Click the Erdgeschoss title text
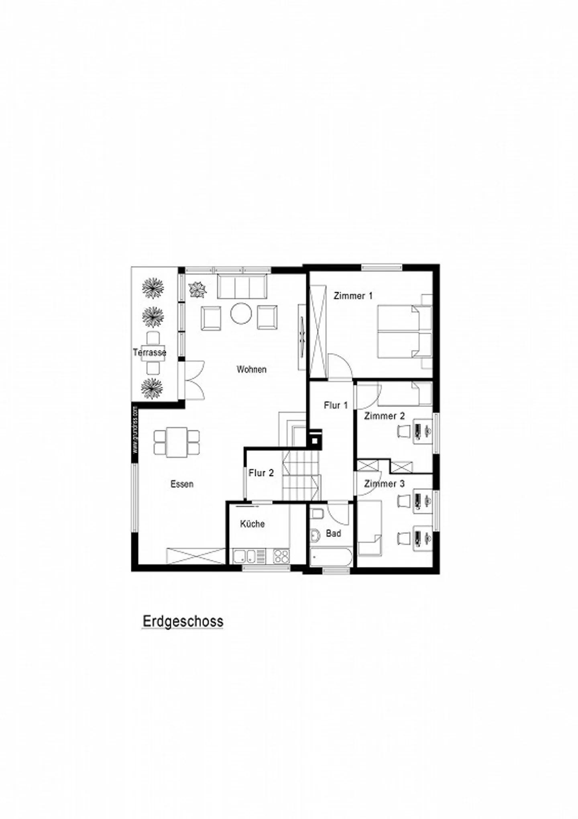(183, 621)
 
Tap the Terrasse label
(149, 352)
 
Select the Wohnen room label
(251, 369)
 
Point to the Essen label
(182, 484)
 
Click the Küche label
(252, 524)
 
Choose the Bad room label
(333, 533)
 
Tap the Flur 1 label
(336, 405)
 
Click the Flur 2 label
(261, 473)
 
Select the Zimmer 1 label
(353, 296)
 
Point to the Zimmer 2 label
(384, 416)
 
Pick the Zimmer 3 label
(384, 484)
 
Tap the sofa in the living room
(242, 286)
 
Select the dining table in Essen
(177, 442)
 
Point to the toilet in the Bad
(317, 514)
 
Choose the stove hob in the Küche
(281, 556)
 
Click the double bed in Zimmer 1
(399, 331)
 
